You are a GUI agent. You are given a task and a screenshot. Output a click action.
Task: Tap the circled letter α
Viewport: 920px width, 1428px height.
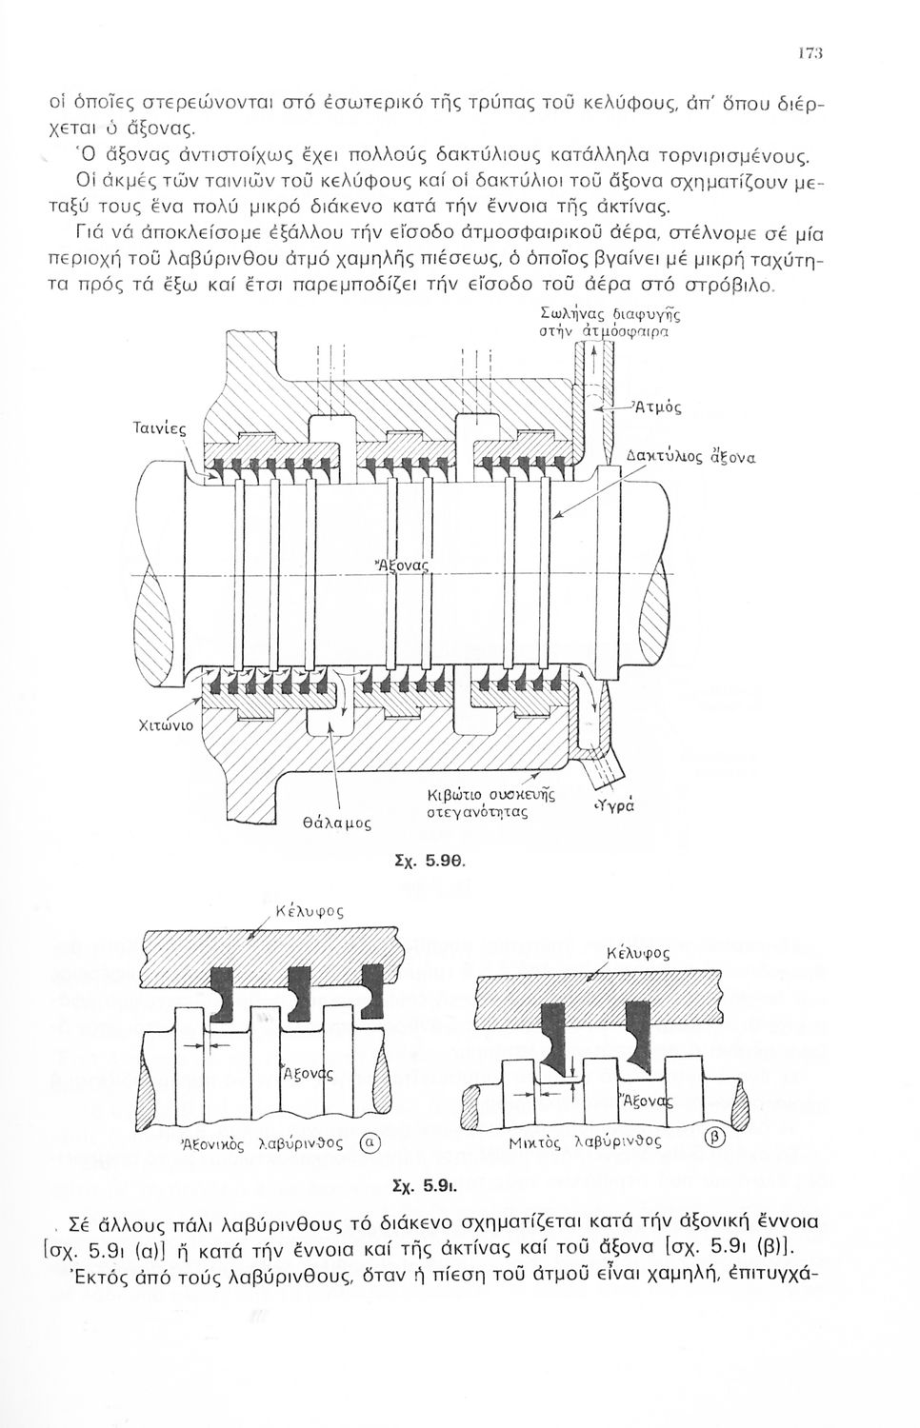click(370, 1143)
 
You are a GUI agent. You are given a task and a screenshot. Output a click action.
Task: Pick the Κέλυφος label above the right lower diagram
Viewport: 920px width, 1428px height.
click(638, 952)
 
